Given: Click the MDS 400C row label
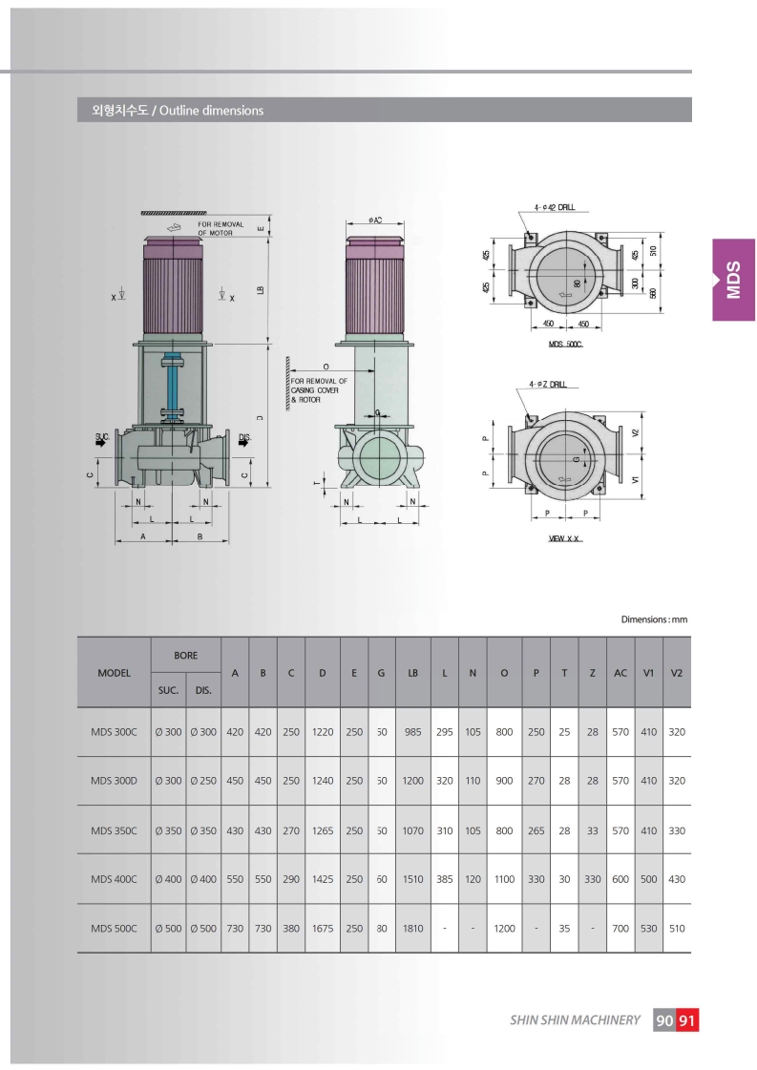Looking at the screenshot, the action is click(114, 879).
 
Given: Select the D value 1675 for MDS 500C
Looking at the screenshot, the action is click(323, 928).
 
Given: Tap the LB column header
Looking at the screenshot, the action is click(413, 673).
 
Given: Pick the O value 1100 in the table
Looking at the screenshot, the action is click(504, 879).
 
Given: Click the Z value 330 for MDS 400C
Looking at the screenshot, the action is click(593, 879).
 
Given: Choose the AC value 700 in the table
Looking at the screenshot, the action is click(620, 928).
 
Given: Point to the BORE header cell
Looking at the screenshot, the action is click(185, 655).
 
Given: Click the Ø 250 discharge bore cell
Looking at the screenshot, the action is click(203, 781).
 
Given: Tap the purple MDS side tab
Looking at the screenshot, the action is click(734, 280).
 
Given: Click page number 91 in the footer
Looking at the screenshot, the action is click(687, 1020).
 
